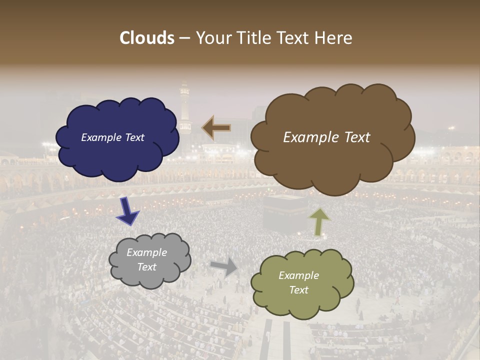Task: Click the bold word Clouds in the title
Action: [147, 38]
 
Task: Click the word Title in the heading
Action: [252, 38]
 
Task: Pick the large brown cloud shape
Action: [332, 160]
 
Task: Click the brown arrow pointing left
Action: [216, 128]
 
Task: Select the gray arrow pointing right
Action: [224, 267]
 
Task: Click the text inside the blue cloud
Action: [112, 137]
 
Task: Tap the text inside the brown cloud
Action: [326, 137]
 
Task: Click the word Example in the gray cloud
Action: [146, 252]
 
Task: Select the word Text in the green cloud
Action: [298, 290]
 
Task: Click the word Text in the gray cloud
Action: [146, 267]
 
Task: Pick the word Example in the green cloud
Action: [298, 275]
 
